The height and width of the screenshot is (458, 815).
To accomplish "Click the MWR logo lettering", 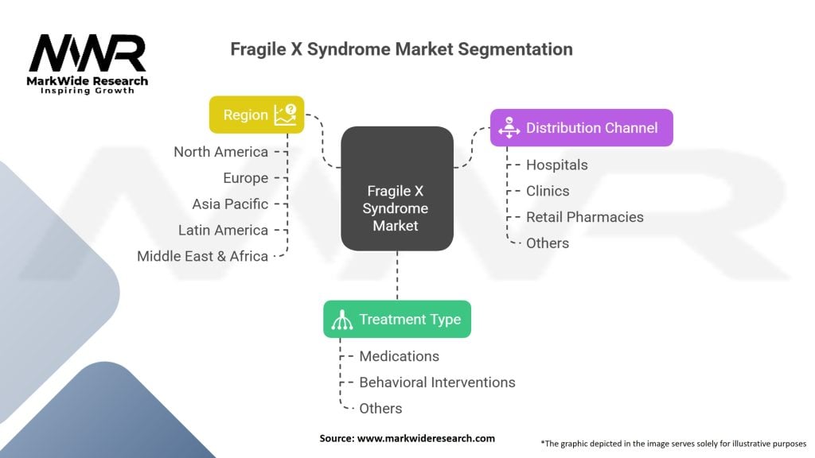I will click(x=88, y=53).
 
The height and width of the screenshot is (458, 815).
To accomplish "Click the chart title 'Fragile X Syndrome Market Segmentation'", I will click(x=401, y=49).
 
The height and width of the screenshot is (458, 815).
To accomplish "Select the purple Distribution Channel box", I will click(x=581, y=127).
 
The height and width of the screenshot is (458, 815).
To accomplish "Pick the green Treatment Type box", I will click(x=396, y=319).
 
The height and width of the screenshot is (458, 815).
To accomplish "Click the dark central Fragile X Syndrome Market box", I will click(x=396, y=188).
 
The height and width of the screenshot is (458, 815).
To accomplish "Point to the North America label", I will click(x=220, y=152).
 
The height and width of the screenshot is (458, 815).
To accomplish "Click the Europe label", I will click(x=245, y=178).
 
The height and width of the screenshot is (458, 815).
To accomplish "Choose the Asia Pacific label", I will click(x=230, y=204).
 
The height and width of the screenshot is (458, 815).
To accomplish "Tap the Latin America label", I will click(x=223, y=231).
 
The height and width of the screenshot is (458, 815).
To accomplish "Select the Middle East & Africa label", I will click(x=202, y=256).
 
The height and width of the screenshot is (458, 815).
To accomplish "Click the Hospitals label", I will click(x=556, y=165).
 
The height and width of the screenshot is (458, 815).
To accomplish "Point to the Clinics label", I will click(x=548, y=191).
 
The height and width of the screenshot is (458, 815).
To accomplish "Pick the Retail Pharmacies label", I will click(x=584, y=217).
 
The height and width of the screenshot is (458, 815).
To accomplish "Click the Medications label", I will click(x=399, y=356).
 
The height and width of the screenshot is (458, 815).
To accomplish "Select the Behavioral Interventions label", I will click(x=437, y=382).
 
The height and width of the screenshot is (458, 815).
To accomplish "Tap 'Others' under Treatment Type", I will click(x=380, y=409).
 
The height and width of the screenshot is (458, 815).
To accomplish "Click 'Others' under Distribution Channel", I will click(x=548, y=243).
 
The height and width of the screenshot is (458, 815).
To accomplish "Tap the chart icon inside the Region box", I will click(x=285, y=114).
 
